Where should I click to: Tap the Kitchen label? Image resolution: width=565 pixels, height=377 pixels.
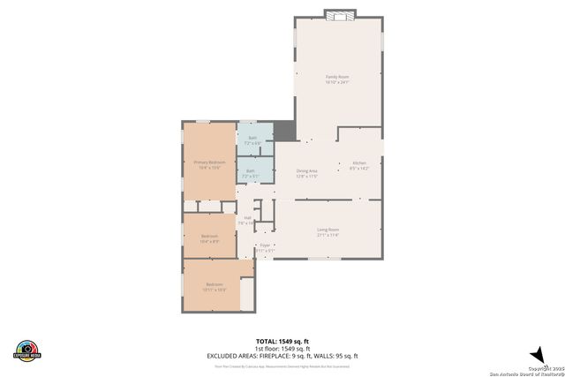point(359,163)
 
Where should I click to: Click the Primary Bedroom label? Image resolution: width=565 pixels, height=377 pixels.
point(209,162)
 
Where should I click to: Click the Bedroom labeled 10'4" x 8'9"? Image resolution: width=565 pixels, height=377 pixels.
point(209,237)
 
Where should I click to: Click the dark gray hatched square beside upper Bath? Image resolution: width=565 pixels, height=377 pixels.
point(283,131)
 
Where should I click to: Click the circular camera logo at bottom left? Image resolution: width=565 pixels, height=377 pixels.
point(27,350)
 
